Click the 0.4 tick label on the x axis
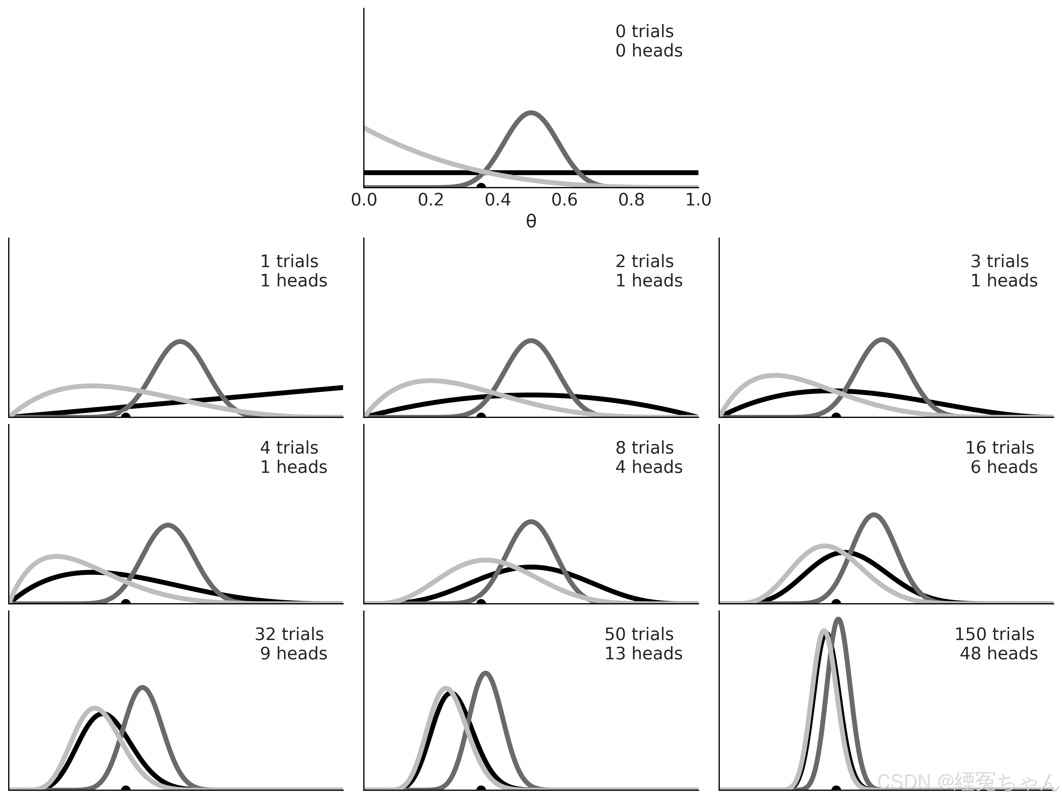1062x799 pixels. tap(497, 200)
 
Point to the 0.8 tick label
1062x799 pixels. tap(631, 200)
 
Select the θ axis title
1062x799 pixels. tap(531, 221)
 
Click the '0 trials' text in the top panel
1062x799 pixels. tap(644, 32)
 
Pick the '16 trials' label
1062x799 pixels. tap(999, 448)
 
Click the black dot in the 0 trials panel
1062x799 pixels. tap(480, 186)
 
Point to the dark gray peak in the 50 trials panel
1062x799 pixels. tap(486, 673)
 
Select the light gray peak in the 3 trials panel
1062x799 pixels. tap(774, 375)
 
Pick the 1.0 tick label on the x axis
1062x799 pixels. tap(698, 200)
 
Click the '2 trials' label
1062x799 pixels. tap(644, 262)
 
